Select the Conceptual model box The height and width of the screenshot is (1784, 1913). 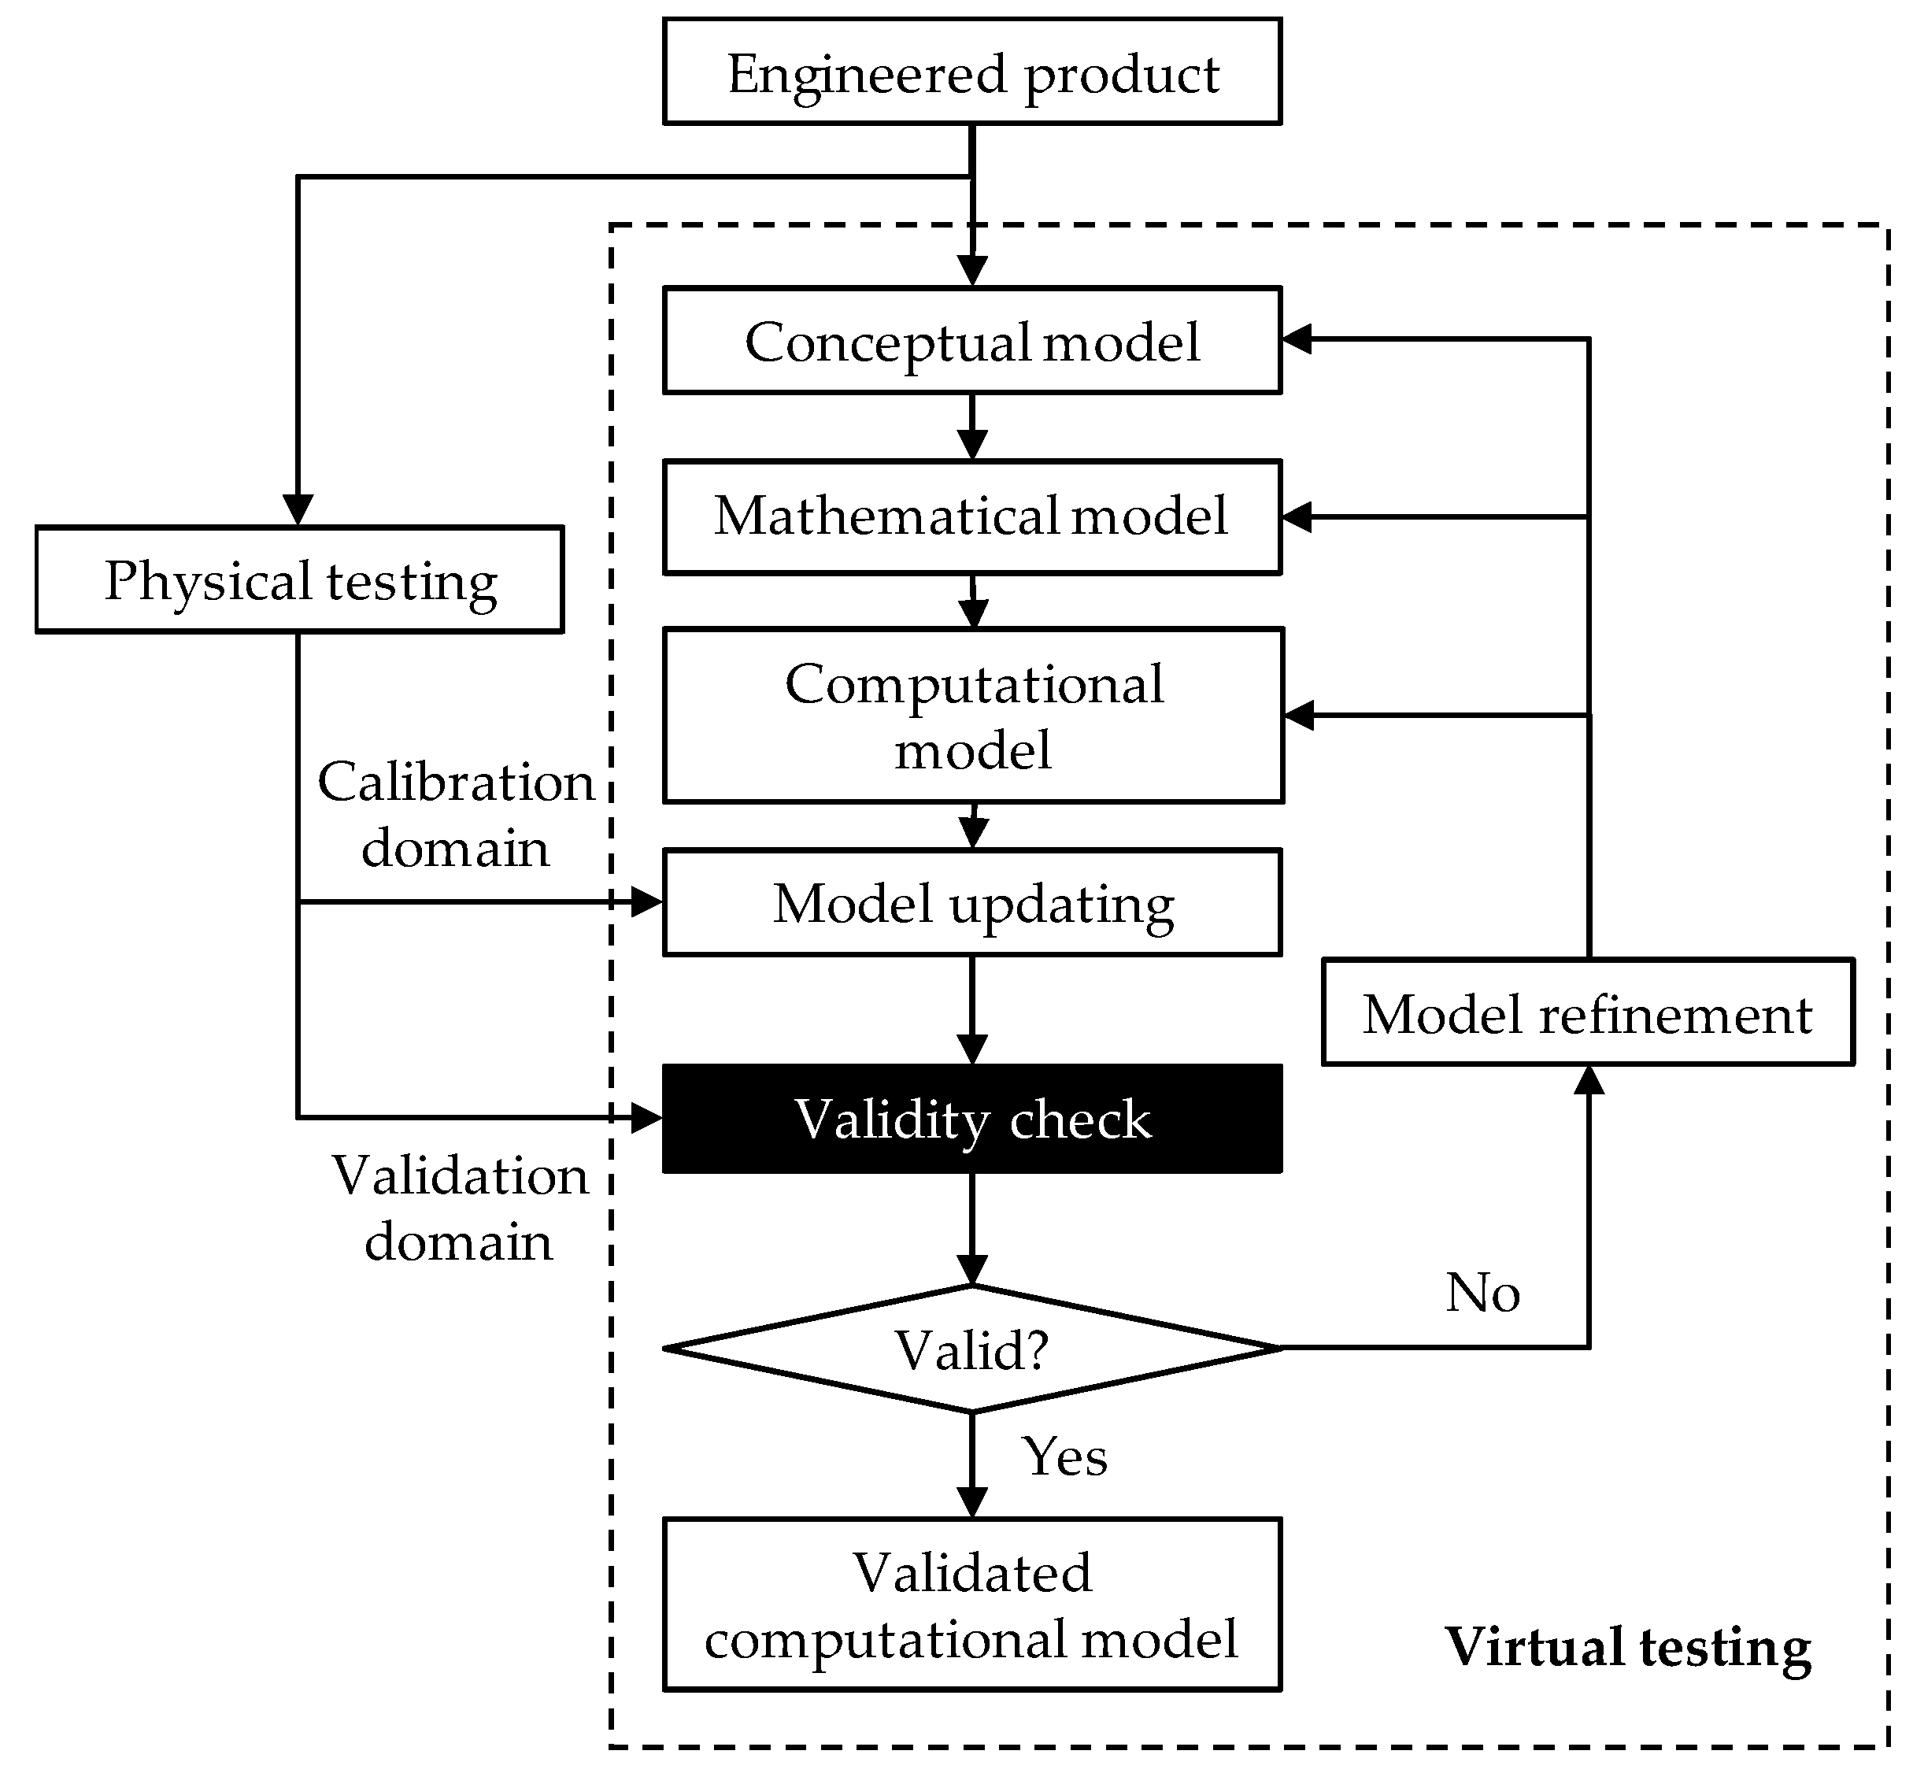972,341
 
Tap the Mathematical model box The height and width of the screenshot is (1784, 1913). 972,516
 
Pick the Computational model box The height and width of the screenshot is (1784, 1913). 972,716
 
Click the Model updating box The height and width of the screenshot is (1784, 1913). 972,902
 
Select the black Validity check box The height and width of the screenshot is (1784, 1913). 972,1119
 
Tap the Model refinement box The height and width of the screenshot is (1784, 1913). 1588,1013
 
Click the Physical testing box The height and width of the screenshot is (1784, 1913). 299,580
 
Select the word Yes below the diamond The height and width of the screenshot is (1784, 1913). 1064,1456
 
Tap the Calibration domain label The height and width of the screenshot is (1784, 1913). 456,814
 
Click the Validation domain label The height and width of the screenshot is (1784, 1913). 460,1208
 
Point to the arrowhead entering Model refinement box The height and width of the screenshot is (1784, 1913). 1588,1082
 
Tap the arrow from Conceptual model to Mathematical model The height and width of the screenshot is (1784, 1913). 972,427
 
